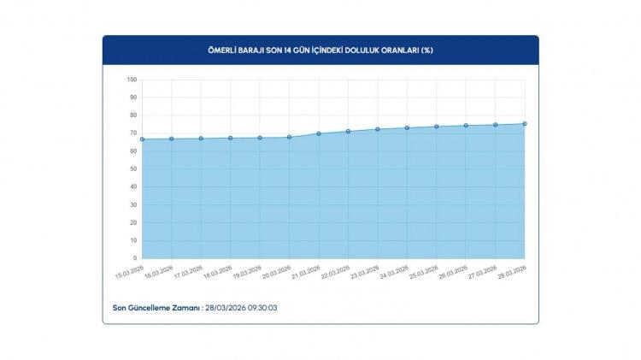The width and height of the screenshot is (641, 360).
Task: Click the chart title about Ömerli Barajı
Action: click(x=320, y=50)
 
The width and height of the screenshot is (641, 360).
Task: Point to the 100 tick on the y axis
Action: click(x=132, y=80)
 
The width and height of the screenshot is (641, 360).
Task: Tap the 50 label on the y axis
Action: click(x=133, y=169)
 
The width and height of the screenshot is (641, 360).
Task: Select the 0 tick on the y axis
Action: click(x=135, y=258)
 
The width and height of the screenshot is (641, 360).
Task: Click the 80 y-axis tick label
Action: click(x=133, y=115)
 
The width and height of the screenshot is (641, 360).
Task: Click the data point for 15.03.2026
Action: click(x=142, y=139)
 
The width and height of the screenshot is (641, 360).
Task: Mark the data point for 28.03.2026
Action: click(x=525, y=124)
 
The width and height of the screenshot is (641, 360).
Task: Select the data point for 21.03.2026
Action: click(x=319, y=133)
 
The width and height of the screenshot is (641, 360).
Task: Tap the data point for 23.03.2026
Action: click(x=378, y=129)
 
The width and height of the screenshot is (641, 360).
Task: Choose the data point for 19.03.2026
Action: click(x=260, y=138)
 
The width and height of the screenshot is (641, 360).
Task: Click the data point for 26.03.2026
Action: click(x=466, y=126)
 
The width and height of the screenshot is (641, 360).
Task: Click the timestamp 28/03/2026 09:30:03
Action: click(x=241, y=307)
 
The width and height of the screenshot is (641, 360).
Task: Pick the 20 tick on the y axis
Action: click(x=133, y=222)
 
